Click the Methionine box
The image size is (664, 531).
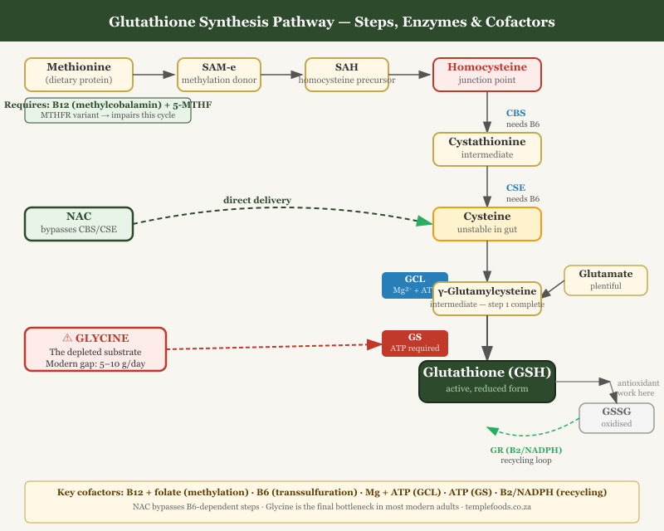click(79, 74)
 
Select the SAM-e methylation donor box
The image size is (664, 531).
click(219, 74)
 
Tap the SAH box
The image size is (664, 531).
click(347, 74)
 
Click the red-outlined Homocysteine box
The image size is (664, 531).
click(486, 74)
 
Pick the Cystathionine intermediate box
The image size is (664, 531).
click(486, 149)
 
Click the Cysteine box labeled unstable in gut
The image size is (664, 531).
click(486, 223)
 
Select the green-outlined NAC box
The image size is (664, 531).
click(79, 223)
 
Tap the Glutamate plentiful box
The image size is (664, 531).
click(605, 280)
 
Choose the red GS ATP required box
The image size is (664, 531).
click(414, 343)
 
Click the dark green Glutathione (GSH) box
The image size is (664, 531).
click(486, 381)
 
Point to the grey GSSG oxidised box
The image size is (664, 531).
click(616, 417)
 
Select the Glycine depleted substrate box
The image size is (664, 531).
click(95, 348)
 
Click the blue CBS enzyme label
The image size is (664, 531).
click(515, 114)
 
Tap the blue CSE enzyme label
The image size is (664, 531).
click(515, 188)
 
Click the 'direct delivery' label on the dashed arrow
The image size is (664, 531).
click(256, 200)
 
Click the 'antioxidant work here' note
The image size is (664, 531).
click(635, 387)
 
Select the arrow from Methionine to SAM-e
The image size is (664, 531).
click(154, 75)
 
